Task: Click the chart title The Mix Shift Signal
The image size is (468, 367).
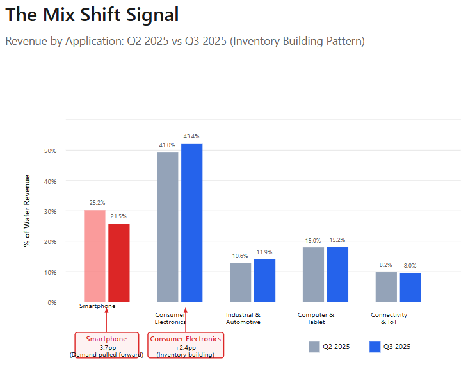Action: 92,15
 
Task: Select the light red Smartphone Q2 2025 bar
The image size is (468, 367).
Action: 95,256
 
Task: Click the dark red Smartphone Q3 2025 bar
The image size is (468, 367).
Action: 118,262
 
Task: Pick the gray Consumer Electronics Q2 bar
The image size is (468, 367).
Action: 168,227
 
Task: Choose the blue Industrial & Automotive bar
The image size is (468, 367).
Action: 264,280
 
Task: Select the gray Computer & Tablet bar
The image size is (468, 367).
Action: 313,274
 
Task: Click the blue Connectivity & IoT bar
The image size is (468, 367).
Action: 410,287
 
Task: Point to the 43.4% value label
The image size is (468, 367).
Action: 191,136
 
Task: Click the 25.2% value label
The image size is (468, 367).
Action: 97,203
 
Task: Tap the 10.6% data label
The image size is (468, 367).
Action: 240,256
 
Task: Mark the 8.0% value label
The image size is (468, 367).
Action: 410,266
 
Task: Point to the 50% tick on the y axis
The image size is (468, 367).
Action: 50,151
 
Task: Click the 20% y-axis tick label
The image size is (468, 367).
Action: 50,242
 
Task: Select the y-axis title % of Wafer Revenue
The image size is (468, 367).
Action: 27,210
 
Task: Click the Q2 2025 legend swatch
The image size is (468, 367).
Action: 314,347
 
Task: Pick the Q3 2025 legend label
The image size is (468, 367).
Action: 397,347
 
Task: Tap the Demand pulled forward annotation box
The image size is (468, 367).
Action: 106,346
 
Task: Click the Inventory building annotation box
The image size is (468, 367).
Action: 186,346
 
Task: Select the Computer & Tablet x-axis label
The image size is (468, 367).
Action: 316,318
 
